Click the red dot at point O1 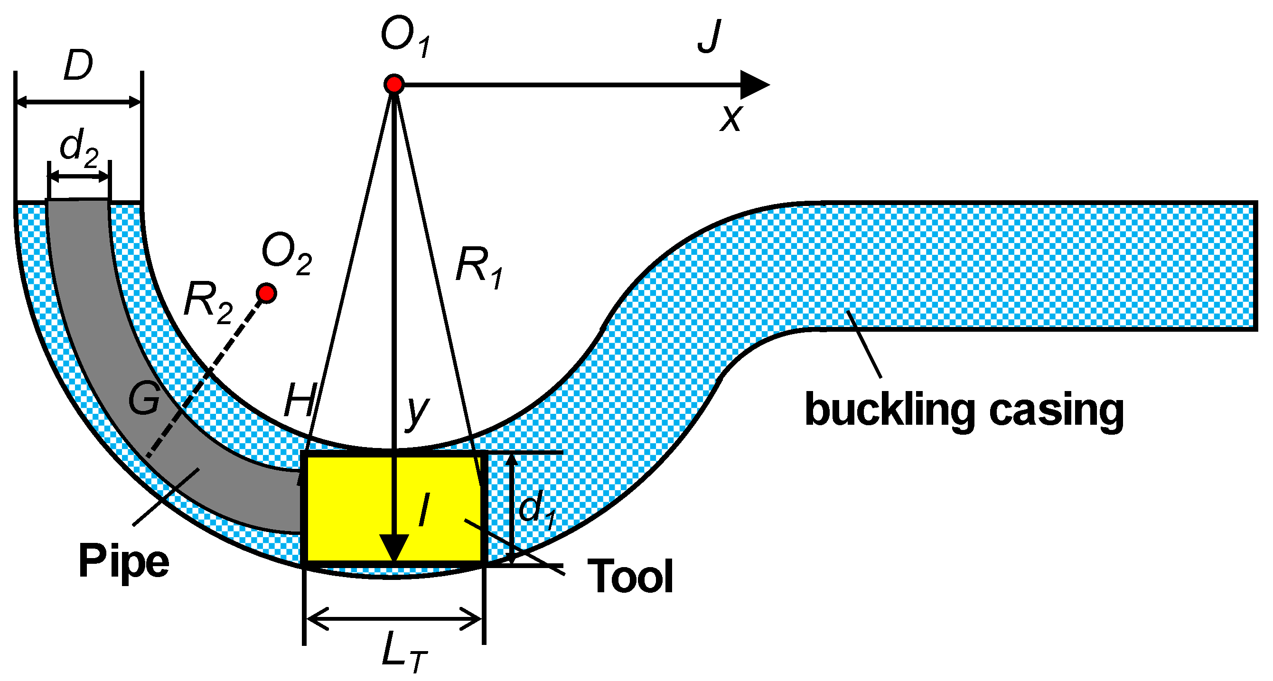(394, 84)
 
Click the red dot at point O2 (267, 293)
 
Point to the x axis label (731, 118)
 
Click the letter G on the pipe (144, 398)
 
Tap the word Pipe (123, 562)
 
